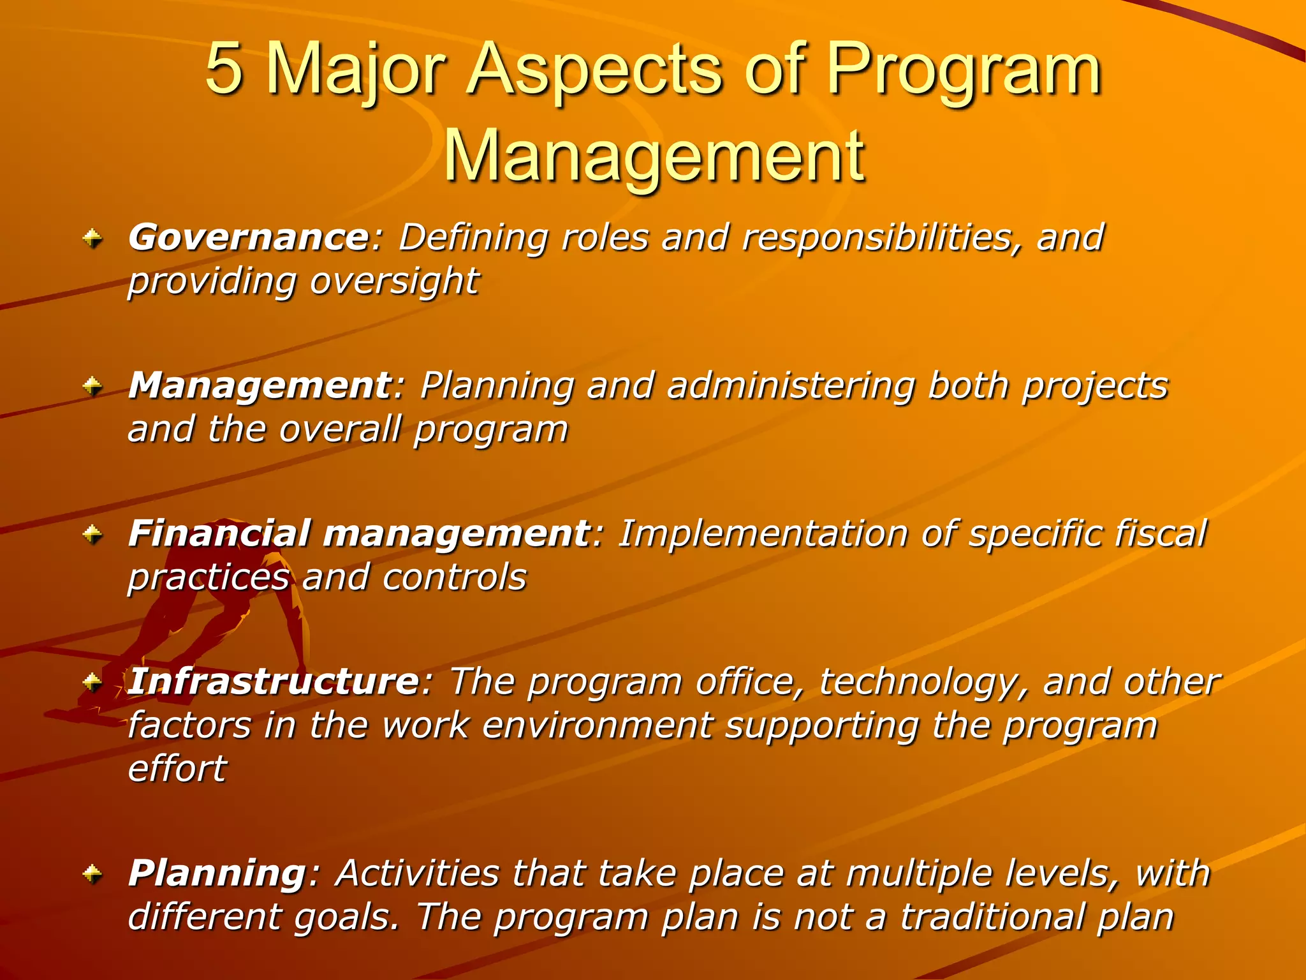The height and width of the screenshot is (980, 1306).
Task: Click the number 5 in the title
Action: click(x=224, y=69)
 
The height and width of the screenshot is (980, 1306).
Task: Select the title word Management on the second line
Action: click(x=653, y=157)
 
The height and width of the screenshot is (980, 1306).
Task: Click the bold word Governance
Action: click(x=249, y=238)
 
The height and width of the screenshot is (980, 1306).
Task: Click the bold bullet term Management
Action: click(x=260, y=386)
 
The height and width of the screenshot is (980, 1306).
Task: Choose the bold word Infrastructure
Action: click(x=273, y=682)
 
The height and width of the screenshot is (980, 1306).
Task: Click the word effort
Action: click(x=177, y=768)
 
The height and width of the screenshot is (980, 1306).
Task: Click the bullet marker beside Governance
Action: click(x=93, y=239)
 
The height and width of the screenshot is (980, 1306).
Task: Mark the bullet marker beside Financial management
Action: click(x=93, y=535)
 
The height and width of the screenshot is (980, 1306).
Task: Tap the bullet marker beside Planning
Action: click(x=93, y=873)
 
